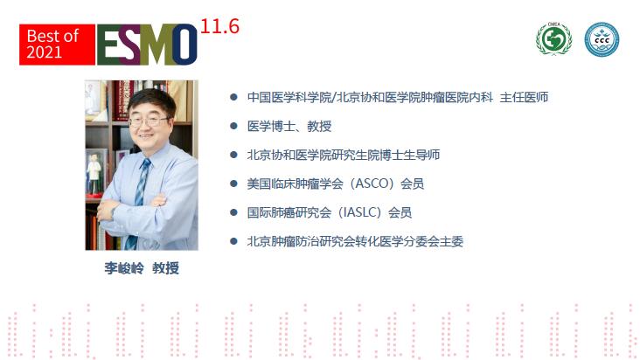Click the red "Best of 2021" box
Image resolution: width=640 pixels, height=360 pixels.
coord(57,45)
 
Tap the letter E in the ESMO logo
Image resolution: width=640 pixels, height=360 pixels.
coord(108,45)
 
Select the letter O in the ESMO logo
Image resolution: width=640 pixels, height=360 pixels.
coord(184,45)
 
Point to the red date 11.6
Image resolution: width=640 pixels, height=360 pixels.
coord(219,26)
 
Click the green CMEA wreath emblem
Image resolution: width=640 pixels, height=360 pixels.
coord(553,38)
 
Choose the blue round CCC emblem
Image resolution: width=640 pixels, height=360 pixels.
coord(602,39)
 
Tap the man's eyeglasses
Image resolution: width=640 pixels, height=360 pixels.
coord(149,121)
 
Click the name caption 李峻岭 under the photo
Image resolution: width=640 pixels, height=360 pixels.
coord(124,268)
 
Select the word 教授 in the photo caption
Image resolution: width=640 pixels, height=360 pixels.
coord(165,268)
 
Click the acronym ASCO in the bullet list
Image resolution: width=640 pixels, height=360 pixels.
coord(372,183)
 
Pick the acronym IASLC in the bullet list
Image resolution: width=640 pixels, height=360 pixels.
coord(358,212)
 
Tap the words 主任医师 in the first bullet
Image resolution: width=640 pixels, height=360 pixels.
coord(524,98)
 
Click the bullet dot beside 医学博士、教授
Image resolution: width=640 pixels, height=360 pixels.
coord(233,126)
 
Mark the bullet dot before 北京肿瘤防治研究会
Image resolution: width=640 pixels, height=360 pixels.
coord(233,241)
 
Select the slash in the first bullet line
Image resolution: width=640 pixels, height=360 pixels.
coord(334,98)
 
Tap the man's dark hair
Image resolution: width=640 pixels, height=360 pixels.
coord(152,100)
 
